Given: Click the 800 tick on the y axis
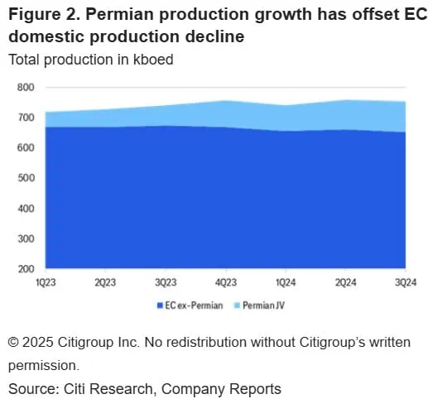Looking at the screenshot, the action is (x=26, y=88).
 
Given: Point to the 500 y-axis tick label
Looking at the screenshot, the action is (x=26, y=178).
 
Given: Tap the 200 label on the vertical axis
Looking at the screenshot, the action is (x=26, y=269).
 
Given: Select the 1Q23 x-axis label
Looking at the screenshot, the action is (x=46, y=282).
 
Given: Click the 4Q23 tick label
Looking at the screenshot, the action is (x=226, y=282).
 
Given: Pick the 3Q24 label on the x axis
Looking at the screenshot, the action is (x=406, y=282).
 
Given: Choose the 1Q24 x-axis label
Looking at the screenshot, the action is (x=286, y=282).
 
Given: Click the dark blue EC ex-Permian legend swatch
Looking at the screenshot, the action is (x=160, y=305).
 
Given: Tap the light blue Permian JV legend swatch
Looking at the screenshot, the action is (x=237, y=305).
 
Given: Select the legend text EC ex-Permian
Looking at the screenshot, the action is (x=194, y=305).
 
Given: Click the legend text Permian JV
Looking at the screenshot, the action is (x=263, y=305).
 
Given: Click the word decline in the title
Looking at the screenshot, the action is (x=214, y=36).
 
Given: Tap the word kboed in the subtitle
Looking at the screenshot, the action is (x=153, y=60).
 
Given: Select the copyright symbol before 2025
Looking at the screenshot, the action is (x=13, y=343).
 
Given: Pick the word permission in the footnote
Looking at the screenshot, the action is (x=44, y=366).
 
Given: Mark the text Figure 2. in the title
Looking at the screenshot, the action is (x=45, y=14).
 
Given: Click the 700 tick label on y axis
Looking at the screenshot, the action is (x=26, y=118).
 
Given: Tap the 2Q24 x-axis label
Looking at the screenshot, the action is (x=346, y=282).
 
